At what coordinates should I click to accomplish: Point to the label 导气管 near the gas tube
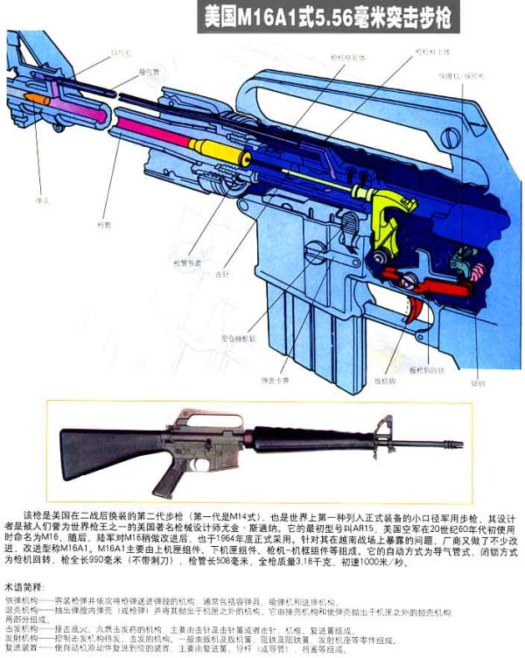click(123, 72)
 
